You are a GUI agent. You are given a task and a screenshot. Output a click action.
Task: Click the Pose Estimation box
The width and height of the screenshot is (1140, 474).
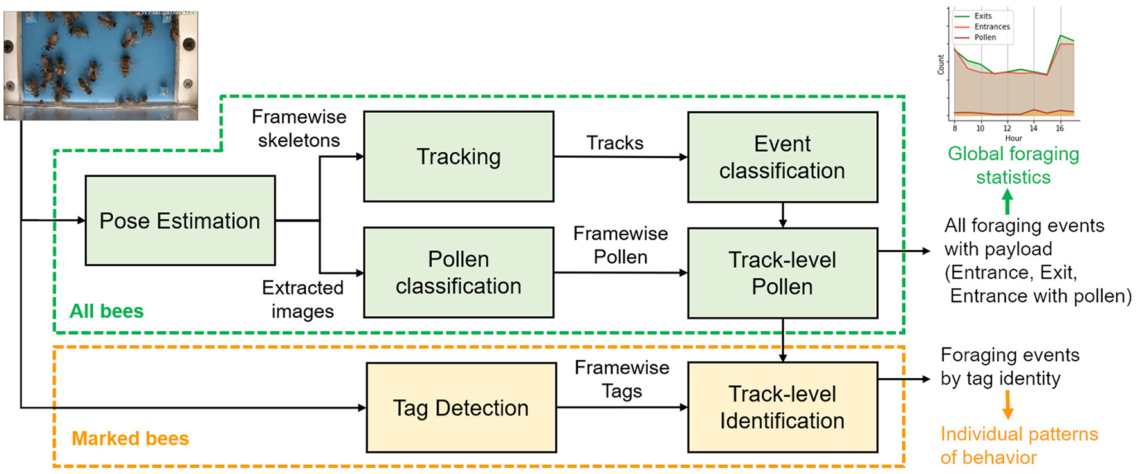[180, 221]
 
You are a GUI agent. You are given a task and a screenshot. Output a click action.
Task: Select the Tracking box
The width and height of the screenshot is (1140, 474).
[459, 156]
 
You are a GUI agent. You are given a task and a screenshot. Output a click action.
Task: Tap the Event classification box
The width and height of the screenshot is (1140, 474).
[782, 157]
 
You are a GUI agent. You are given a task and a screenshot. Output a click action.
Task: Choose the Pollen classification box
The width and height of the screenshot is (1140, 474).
[459, 272]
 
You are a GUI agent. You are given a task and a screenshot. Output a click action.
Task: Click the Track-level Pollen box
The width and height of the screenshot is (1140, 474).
[782, 273]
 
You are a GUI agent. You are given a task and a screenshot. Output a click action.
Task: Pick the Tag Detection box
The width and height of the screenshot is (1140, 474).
[461, 408]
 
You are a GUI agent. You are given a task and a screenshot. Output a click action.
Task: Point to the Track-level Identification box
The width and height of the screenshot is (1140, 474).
[782, 407]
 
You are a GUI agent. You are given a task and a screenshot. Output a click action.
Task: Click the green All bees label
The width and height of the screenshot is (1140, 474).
[106, 311]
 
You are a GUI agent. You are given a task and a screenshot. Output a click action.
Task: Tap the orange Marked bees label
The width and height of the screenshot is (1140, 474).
[130, 439]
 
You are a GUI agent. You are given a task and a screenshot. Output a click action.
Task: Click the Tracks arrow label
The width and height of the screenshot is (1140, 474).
[614, 143]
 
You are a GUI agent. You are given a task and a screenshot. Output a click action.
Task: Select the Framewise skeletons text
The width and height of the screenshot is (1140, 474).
[299, 129]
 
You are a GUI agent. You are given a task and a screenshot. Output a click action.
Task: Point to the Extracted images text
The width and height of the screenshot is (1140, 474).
[302, 299]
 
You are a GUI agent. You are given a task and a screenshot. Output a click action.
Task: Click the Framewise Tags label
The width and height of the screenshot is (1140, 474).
[621, 379]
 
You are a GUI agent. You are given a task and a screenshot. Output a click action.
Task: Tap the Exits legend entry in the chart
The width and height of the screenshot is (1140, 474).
[982, 16]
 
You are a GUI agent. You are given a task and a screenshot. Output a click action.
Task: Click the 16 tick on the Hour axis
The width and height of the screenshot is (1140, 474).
[1059, 129]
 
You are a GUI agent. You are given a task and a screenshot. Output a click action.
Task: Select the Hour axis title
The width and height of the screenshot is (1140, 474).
[1013, 138]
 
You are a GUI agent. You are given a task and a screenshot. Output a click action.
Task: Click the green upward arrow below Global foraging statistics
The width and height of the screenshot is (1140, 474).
[1007, 204]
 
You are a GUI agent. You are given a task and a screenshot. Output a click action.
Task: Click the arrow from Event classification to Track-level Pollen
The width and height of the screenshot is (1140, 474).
[782, 215]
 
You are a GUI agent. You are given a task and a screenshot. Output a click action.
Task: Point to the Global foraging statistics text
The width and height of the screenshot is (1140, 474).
[1013, 165]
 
